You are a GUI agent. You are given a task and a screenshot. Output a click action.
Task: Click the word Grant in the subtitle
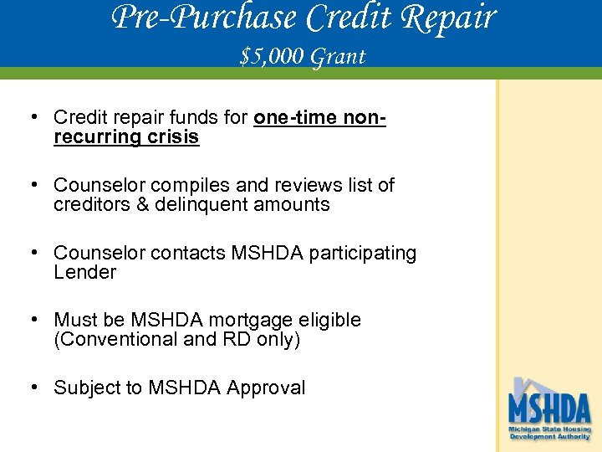(338, 57)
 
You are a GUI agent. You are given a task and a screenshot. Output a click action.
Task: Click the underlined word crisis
(173, 137)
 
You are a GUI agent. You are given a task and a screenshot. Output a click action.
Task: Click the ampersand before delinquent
(143, 205)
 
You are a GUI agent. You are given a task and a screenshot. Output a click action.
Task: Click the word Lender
(84, 273)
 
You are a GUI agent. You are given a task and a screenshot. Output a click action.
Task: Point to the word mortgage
(245, 321)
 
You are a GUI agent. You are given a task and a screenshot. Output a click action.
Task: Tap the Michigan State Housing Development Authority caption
(549, 433)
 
